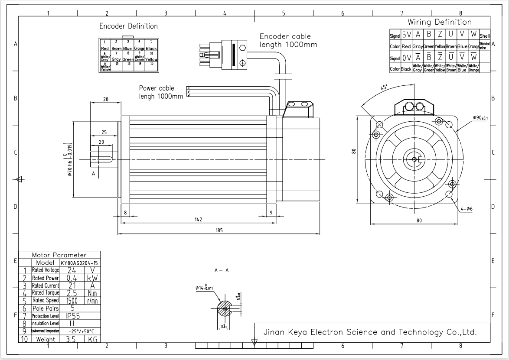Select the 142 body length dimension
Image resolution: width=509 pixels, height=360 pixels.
(x=198, y=220)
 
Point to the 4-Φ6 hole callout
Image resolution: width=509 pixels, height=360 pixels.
(x=467, y=209)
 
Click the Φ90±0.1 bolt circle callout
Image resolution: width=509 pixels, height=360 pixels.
(x=480, y=118)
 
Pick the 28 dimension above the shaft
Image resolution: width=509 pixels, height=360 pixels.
(x=105, y=99)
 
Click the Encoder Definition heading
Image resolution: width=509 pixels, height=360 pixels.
(x=128, y=26)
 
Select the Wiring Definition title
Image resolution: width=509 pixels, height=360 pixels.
(x=439, y=22)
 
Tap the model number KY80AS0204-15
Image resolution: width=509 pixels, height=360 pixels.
(x=79, y=263)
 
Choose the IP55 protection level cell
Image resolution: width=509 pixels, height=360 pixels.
(x=72, y=316)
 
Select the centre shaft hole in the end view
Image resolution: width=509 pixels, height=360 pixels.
(x=414, y=160)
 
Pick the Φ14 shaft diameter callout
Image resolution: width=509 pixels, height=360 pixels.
(x=204, y=287)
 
